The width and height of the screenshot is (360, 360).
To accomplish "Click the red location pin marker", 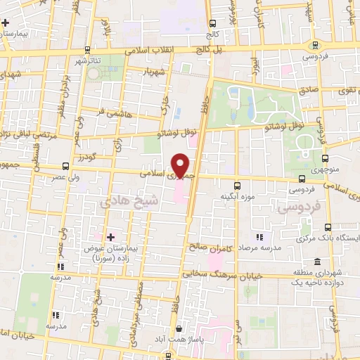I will point(181,166).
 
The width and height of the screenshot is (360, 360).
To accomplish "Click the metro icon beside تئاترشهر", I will point(86,49).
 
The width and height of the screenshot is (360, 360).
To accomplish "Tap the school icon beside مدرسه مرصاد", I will point(259,238).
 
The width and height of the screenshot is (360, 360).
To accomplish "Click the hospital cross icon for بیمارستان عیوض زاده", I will point(109,236).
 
